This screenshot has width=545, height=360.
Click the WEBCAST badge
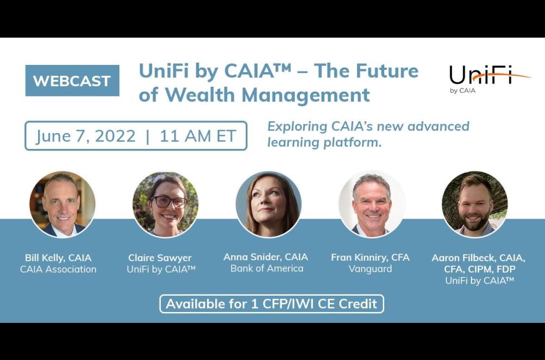pyautogui.click(x=72, y=80)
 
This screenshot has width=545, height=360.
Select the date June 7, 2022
pyautogui.click(x=86, y=136)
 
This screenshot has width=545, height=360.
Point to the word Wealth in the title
pyautogui.click(x=199, y=94)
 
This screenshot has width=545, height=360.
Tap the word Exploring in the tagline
pyautogui.click(x=297, y=127)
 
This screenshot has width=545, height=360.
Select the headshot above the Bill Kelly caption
pyautogui.click(x=63, y=205)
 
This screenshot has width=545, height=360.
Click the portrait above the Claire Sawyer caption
pyautogui.click(x=166, y=205)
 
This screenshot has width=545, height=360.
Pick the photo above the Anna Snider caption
pyautogui.click(x=268, y=205)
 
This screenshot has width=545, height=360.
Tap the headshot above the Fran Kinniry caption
pyautogui.click(x=372, y=205)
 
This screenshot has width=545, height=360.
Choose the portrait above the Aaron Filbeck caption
pyautogui.click(x=475, y=205)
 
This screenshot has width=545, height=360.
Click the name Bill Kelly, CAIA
pyautogui.click(x=58, y=258)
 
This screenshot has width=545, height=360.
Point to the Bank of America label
pyautogui.click(x=267, y=268)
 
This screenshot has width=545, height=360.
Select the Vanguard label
pyautogui.click(x=370, y=269)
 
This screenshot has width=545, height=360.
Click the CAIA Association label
pyautogui.click(x=58, y=269)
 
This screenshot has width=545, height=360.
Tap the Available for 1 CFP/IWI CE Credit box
pyautogui.click(x=272, y=304)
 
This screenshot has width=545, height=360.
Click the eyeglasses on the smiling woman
pyautogui.click(x=168, y=202)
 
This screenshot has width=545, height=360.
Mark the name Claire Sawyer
pyautogui.click(x=160, y=258)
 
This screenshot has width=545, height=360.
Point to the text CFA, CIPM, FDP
pyautogui.click(x=480, y=269)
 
